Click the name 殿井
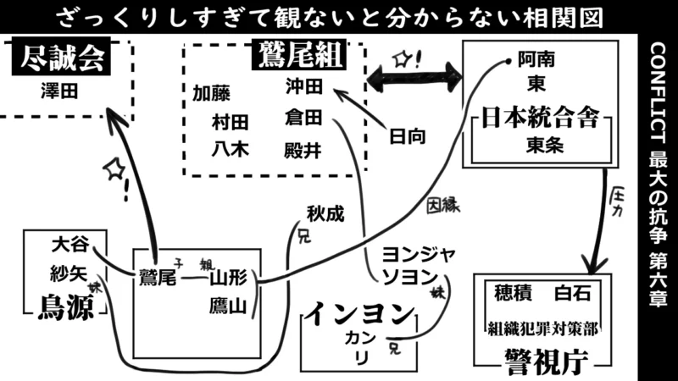tap(304, 149)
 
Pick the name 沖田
tap(304, 86)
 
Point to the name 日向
tap(407, 135)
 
